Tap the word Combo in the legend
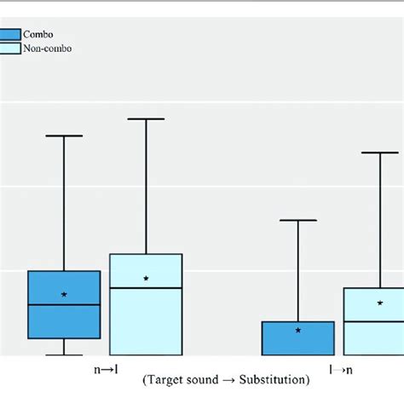coord(38,34)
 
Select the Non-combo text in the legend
coord(48,49)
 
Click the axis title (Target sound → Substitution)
coord(225,379)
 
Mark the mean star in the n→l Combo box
coord(64,294)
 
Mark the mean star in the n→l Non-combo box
coord(146,279)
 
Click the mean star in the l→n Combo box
coord(298,330)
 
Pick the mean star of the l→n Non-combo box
coord(380,303)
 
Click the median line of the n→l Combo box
coord(64,304)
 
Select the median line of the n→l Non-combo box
coord(146,288)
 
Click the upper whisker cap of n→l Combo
coord(64,136)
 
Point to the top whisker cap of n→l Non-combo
coord(146,118)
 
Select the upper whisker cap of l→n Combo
coord(298,221)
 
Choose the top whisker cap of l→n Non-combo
coord(380,153)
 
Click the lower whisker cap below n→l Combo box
coord(64,354)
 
